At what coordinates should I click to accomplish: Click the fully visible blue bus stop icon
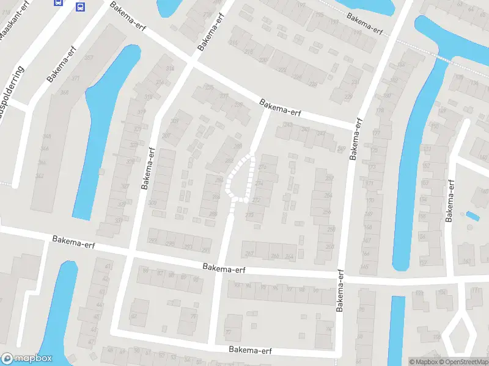(x=80, y=7)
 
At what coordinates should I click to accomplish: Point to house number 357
(x=89, y=58)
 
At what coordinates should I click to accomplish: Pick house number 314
(x=161, y=83)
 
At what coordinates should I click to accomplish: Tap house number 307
(x=166, y=136)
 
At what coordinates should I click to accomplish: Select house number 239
(x=348, y=96)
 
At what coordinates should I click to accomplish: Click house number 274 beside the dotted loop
(x=263, y=167)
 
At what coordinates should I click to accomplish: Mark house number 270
(x=249, y=215)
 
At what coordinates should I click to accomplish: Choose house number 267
(x=249, y=253)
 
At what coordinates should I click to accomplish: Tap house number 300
(x=152, y=203)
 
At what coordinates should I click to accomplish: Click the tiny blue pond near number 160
(x=472, y=215)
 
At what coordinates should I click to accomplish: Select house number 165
(x=467, y=262)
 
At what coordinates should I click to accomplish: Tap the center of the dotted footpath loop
(x=240, y=178)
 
